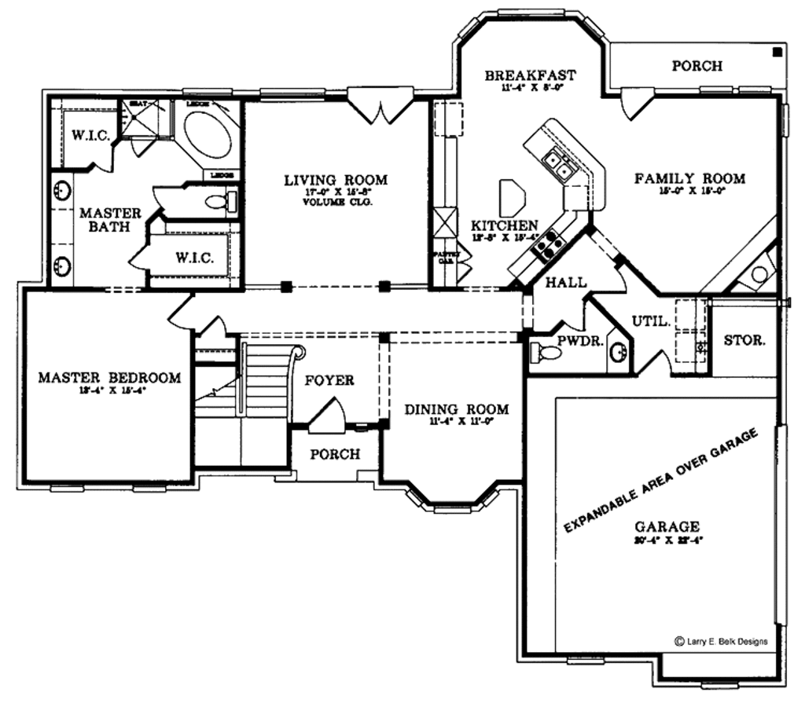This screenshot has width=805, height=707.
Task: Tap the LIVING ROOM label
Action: click(336, 181)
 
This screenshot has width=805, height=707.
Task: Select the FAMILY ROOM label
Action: click(689, 178)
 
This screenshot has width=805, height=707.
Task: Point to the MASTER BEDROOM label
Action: click(109, 378)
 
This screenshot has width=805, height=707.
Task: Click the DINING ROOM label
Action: click(456, 409)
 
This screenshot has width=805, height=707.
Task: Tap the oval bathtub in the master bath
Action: click(208, 136)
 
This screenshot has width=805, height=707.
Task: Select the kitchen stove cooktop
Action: click(547, 241)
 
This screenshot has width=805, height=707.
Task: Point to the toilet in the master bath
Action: click(219, 202)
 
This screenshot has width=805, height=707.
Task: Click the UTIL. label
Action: click(651, 321)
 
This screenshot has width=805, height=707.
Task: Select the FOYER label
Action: click(329, 380)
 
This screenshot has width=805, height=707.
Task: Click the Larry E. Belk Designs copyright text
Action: click(721, 641)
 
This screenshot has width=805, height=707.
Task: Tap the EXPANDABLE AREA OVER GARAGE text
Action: click(660, 481)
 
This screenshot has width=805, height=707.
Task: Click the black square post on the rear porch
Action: click(777, 52)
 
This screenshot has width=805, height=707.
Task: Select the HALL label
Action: click(566, 281)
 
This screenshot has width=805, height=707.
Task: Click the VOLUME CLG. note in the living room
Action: click(336, 203)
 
